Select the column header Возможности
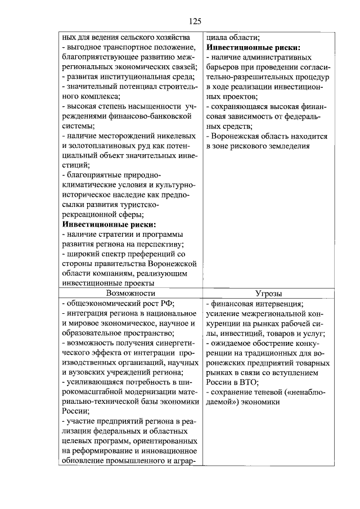tap(130, 293)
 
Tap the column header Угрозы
tap(268, 293)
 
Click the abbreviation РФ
tap(153, 304)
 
